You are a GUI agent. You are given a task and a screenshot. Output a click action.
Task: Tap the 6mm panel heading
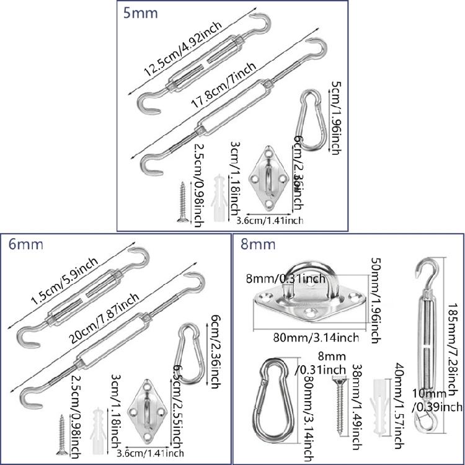[x=22, y=244]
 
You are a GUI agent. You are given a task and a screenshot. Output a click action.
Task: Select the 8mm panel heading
[x=259, y=244]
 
